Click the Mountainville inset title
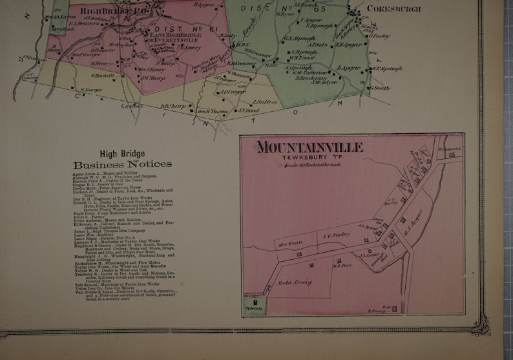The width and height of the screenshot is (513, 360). click(309, 147)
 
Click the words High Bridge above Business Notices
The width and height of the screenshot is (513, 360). click(122, 154)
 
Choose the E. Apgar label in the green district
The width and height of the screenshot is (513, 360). click(346, 67)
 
